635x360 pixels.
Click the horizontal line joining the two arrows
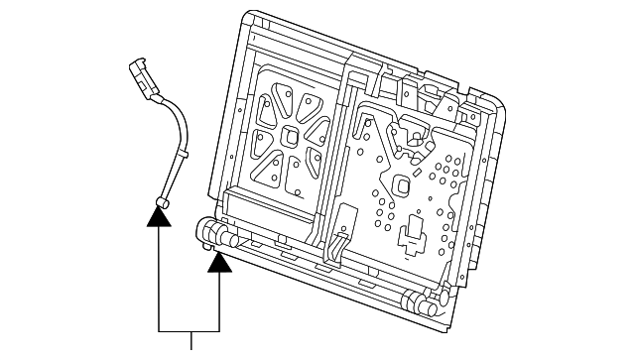[x=190, y=328]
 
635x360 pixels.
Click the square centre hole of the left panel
[x=292, y=134]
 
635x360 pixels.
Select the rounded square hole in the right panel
[x=403, y=185]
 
